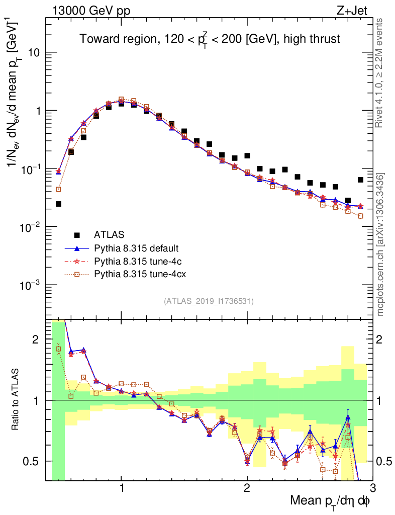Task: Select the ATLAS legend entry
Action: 109,234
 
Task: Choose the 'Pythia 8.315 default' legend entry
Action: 136,248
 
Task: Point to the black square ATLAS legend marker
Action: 77,235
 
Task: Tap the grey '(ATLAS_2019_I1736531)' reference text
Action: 209,301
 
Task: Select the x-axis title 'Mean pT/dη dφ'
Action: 330,501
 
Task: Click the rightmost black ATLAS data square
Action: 360,180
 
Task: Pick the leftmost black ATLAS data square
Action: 58,204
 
